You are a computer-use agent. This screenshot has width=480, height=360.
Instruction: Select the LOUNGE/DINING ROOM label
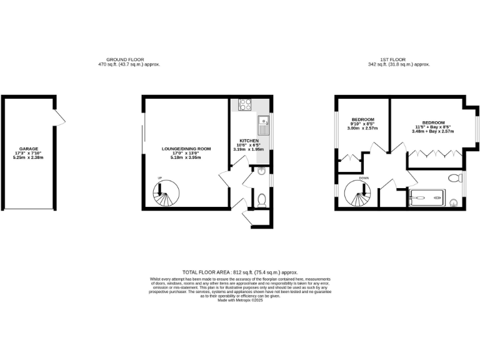[x=186, y=149]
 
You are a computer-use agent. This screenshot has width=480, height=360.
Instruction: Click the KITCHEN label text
[x=249, y=141]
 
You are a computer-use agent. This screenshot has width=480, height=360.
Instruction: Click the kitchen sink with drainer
[x=264, y=124]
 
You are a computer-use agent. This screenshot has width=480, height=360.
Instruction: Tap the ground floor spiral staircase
[x=165, y=195]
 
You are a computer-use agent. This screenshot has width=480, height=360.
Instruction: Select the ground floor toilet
[x=262, y=199]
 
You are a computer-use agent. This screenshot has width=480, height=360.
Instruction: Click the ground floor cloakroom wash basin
[x=262, y=171]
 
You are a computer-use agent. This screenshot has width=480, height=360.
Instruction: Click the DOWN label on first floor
[x=364, y=178]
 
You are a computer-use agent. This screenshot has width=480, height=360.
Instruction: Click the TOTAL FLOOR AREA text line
[x=239, y=272]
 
